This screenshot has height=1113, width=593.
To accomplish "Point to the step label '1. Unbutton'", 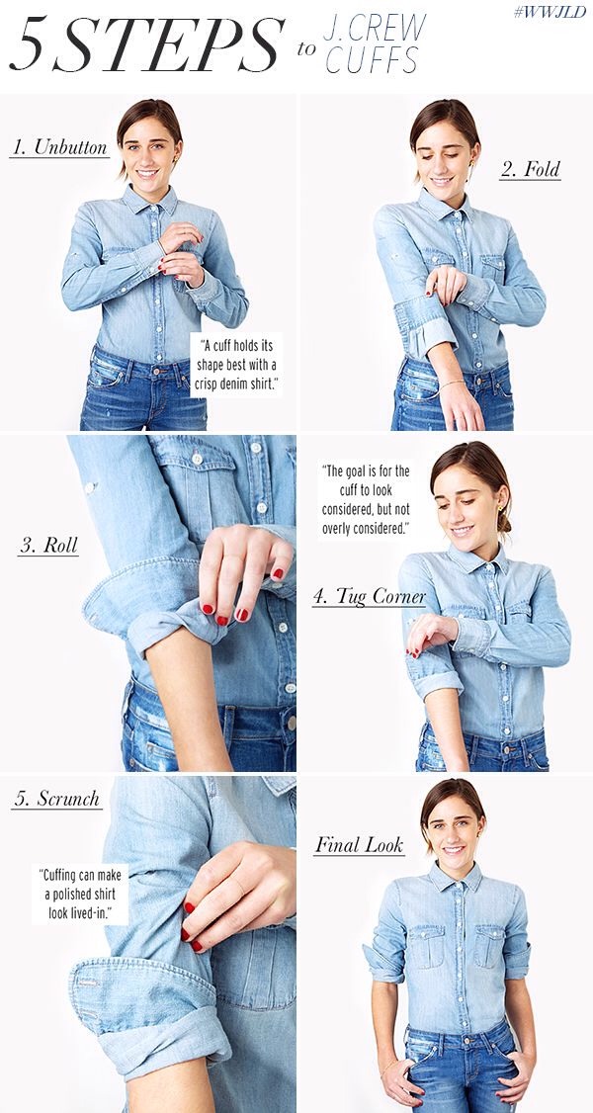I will [x=58, y=148].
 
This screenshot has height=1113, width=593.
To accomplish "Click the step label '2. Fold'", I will [x=530, y=169].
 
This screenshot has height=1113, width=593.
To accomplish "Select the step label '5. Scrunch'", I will [x=56, y=799].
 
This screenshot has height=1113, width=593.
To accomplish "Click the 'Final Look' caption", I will [x=359, y=844].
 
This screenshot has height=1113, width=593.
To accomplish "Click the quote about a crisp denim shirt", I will [x=236, y=366].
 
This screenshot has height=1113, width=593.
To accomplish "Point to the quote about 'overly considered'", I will [x=366, y=500].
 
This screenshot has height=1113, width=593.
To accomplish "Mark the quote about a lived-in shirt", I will [x=83, y=894].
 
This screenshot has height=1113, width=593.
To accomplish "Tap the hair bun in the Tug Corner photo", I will [x=505, y=523].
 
